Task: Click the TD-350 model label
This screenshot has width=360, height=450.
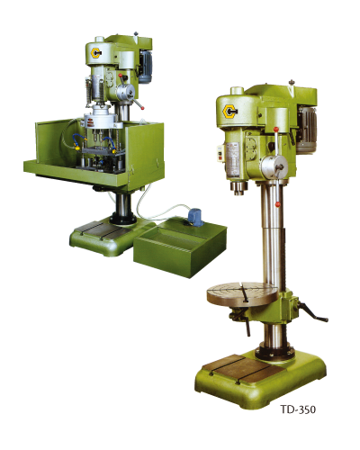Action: [298, 409]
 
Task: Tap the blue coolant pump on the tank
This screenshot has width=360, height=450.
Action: [195, 217]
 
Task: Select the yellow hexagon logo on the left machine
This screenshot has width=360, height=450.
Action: [96, 53]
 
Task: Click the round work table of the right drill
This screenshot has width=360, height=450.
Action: [243, 294]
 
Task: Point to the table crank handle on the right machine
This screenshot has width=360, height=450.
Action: [312, 312]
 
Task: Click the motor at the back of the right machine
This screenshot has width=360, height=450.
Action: [307, 130]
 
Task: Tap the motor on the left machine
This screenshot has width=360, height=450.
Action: [145, 67]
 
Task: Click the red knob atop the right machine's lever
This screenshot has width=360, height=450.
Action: [276, 130]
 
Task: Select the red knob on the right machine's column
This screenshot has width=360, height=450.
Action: [278, 204]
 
